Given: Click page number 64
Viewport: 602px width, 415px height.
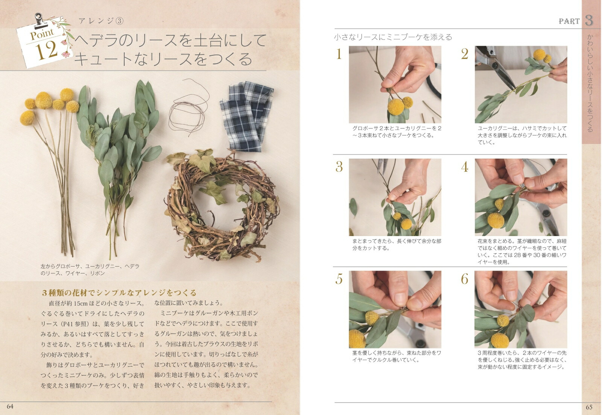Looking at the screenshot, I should click(x=10, y=407).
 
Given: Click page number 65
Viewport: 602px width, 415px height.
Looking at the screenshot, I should click(x=589, y=407).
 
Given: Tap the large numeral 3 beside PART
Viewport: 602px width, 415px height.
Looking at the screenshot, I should click(x=589, y=21).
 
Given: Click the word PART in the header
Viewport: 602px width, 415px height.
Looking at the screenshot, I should click(x=569, y=21).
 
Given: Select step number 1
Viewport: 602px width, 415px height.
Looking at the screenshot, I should click(x=339, y=54).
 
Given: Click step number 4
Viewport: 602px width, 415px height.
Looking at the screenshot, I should click(x=465, y=167).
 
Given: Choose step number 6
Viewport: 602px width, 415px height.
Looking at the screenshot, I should click(x=465, y=279).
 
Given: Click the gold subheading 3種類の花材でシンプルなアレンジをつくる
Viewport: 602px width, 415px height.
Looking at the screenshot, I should click(x=119, y=293).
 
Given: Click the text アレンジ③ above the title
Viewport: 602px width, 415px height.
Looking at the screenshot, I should click(x=101, y=21).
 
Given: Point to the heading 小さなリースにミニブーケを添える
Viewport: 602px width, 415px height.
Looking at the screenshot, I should click(x=393, y=37).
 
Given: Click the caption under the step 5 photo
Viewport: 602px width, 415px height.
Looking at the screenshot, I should click(x=397, y=356).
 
